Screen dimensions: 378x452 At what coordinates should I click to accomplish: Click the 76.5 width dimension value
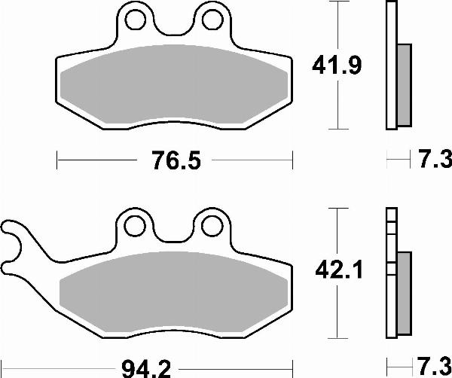click(174, 160)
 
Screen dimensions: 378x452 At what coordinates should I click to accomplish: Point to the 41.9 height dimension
click(336, 66)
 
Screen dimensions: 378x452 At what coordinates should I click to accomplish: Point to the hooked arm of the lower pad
click(19, 241)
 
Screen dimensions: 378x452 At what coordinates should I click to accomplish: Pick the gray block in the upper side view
click(404, 84)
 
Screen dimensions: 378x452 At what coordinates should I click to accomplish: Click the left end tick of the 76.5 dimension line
click(58, 160)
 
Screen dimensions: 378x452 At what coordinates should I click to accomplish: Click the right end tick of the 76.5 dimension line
click(292, 160)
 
